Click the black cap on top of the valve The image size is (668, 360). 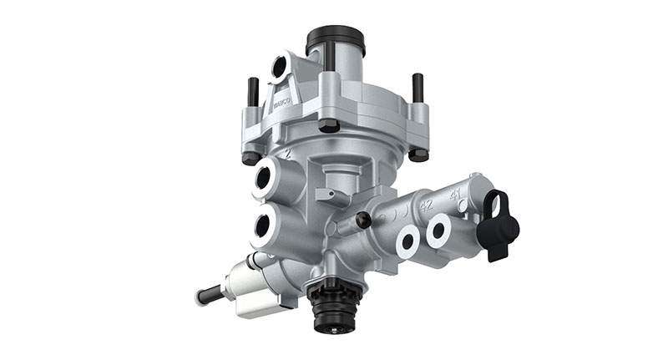336,39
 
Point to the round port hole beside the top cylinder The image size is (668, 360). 279,65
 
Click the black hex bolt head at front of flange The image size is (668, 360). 329,125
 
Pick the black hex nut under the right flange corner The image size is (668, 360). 418,154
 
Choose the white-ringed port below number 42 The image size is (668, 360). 407,241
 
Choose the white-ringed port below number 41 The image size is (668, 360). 438,234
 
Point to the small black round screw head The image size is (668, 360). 363,219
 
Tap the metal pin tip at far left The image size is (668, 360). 203,296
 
